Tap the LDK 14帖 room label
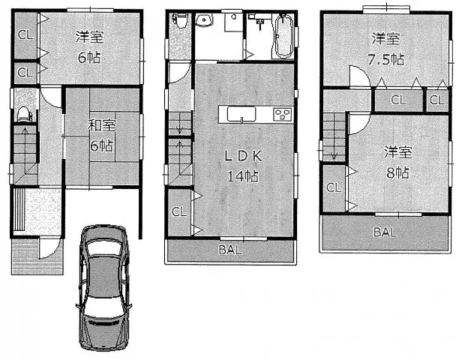[x=241, y=166]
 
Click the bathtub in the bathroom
[x=283, y=36]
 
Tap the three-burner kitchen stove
[x=283, y=115]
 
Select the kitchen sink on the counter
[x=242, y=115]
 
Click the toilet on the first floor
[x=24, y=114]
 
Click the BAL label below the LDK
[x=230, y=250]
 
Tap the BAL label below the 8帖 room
[x=383, y=232]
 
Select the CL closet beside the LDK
[x=178, y=211]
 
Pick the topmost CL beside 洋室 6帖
[x=24, y=34]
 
